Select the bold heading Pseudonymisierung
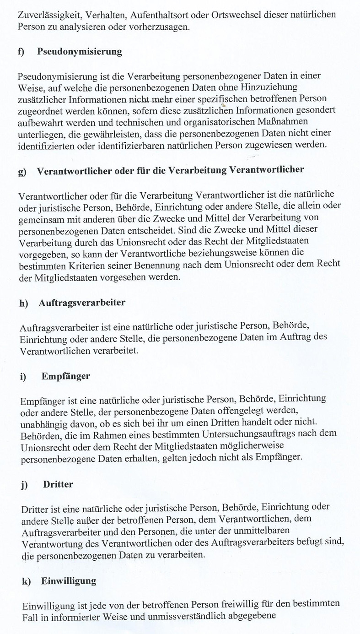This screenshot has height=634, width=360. (79, 52)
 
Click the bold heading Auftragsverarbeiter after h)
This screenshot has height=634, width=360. (82, 303)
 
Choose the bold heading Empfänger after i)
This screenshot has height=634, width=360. (65, 376)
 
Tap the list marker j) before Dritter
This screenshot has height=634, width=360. (24, 485)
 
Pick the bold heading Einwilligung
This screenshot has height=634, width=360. (69, 581)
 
